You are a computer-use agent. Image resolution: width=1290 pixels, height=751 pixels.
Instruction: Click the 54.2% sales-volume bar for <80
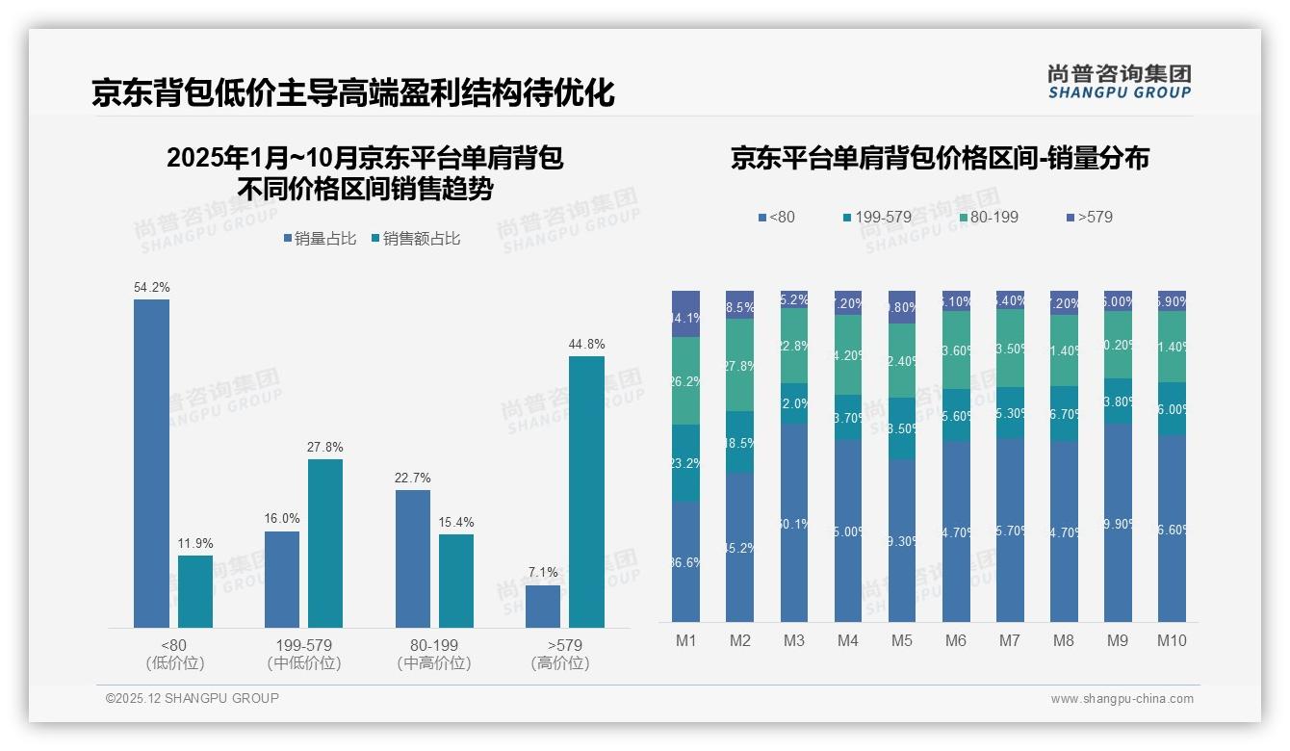(x=151, y=463)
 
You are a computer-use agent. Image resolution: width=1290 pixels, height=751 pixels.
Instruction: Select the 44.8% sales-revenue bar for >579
(x=586, y=492)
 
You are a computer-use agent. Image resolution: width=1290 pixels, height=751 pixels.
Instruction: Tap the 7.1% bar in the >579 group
(x=543, y=607)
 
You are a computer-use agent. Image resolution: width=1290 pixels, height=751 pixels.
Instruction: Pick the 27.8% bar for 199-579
(x=325, y=543)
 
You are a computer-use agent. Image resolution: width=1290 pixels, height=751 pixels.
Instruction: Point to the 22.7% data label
(x=413, y=478)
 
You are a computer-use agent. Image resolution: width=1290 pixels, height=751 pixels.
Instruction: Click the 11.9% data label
(x=195, y=543)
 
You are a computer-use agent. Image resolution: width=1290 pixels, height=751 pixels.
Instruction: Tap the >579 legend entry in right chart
(x=1089, y=217)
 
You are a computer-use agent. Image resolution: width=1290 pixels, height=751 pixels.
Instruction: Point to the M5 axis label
(x=902, y=640)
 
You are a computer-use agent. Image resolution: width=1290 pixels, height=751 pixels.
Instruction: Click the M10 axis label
(x=1172, y=640)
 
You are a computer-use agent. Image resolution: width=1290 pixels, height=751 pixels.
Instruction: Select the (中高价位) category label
(x=433, y=663)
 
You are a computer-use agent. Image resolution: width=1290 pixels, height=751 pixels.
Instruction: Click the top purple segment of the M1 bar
(x=686, y=313)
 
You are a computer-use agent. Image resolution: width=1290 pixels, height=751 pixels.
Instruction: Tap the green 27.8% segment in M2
(x=740, y=365)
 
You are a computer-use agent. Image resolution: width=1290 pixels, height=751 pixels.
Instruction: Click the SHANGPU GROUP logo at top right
(x=1119, y=82)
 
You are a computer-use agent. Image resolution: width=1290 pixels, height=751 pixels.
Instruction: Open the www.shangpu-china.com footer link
(x=1122, y=699)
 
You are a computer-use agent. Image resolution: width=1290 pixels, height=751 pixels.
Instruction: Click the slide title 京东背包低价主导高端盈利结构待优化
(x=352, y=92)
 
